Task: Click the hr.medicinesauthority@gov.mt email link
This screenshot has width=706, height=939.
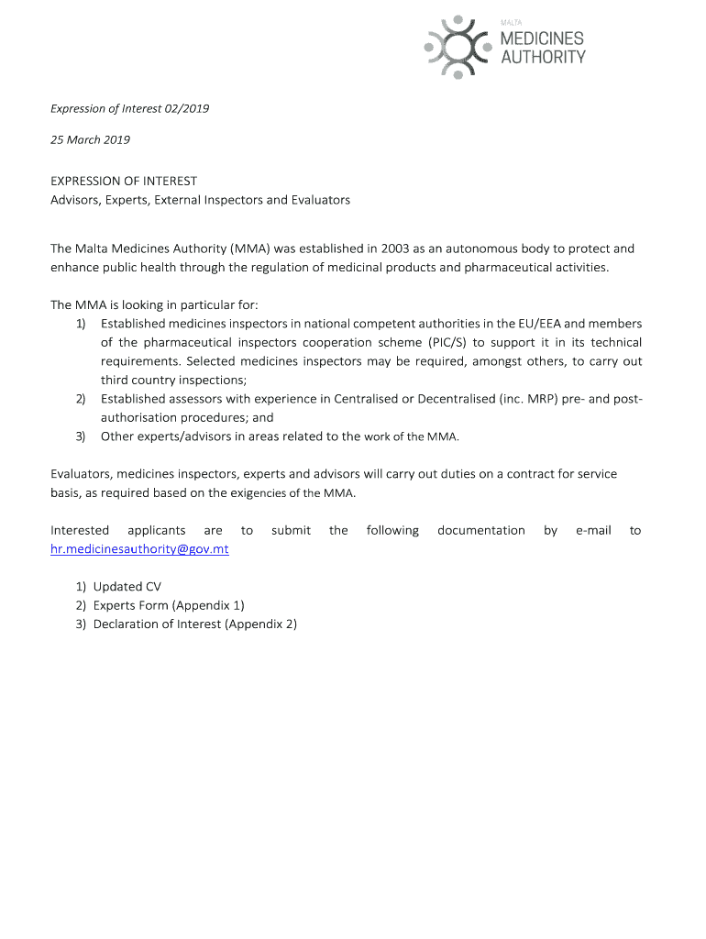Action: [139, 549]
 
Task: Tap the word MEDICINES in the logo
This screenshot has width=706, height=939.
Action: [542, 39]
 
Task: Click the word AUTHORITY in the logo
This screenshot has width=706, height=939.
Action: [543, 57]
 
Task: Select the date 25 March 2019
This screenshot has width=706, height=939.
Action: [90, 140]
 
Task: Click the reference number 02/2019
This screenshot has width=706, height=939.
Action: [187, 108]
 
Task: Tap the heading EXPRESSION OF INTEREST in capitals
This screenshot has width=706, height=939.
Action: [124, 182]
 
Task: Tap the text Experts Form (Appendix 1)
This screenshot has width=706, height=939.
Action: [169, 605]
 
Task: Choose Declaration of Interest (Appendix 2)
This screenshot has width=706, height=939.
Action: [195, 624]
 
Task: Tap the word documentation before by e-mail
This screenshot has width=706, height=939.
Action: [481, 530]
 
